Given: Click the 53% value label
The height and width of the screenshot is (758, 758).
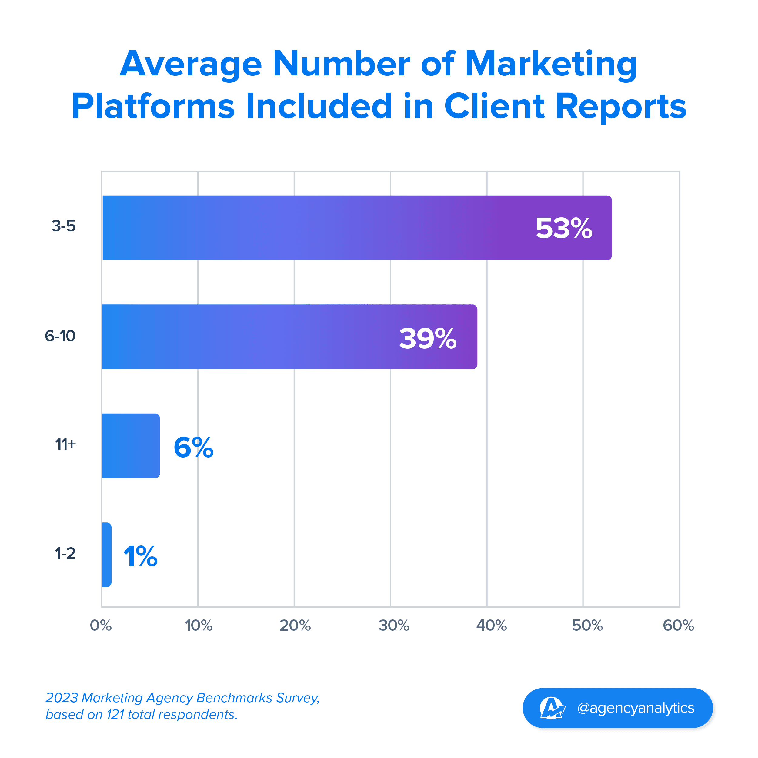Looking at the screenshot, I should [563, 228].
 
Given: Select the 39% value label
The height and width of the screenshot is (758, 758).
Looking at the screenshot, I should [428, 338].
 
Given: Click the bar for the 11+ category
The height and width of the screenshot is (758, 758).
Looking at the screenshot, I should [131, 445].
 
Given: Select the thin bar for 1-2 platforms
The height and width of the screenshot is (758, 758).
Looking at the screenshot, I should [106, 555].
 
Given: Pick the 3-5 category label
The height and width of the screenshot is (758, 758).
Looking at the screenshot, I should [64, 226].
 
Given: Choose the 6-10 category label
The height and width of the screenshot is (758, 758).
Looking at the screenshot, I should [60, 336].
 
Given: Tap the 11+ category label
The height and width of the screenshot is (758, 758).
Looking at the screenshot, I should [65, 444].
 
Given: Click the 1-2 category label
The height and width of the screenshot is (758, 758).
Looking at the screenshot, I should [65, 553].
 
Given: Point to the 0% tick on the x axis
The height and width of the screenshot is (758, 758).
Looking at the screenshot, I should [101, 625].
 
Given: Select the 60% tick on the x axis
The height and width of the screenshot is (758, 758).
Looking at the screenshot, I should [678, 625].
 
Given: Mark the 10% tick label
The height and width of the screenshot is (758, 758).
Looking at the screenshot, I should [199, 625].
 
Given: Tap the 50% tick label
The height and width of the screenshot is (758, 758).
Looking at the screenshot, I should [587, 625].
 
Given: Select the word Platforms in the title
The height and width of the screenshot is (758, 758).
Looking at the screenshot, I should [153, 106].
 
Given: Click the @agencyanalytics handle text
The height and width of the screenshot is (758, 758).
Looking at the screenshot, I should [635, 708].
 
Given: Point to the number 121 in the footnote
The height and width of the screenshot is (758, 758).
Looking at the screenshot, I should [115, 714].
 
